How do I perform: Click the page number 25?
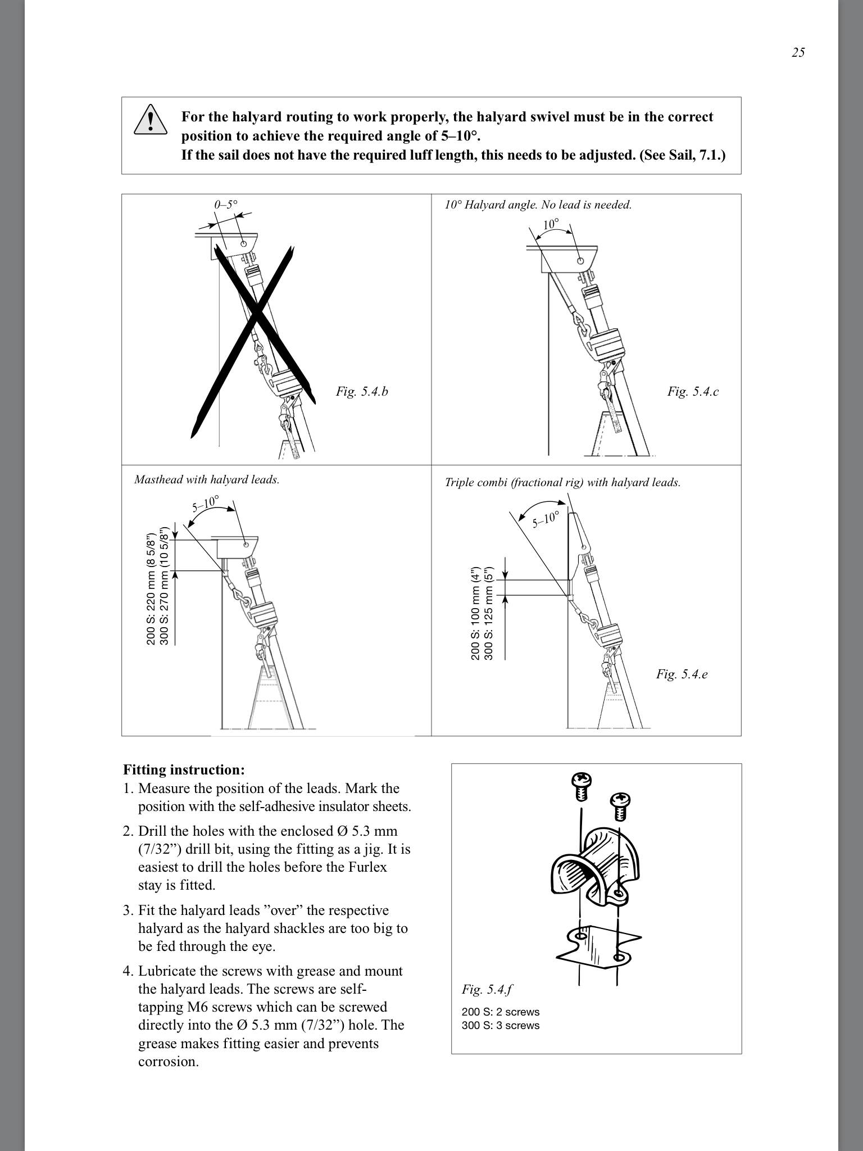[x=798, y=52]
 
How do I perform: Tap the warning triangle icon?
[x=150, y=120]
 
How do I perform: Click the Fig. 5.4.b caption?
[x=362, y=391]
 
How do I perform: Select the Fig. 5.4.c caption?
[x=693, y=391]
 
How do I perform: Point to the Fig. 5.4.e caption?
[x=682, y=674]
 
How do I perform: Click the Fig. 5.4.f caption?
[x=487, y=989]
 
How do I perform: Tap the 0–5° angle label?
[x=226, y=205]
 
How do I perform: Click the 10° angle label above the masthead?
[x=551, y=224]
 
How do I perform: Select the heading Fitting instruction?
[x=184, y=769]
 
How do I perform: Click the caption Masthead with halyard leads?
[x=207, y=479]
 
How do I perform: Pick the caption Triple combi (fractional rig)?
[x=562, y=482]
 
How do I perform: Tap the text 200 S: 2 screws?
[x=501, y=1012]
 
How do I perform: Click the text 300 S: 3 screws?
[x=501, y=1025]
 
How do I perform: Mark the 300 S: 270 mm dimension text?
[x=164, y=586]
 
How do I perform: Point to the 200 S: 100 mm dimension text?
[x=476, y=613]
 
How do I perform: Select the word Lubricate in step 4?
[x=166, y=971]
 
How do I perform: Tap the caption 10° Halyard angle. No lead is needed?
[x=538, y=205]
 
